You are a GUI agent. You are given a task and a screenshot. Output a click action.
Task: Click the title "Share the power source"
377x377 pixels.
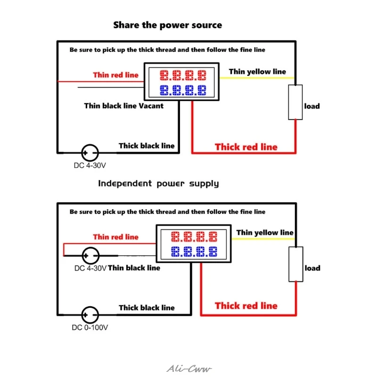pyautogui.click(x=168, y=25)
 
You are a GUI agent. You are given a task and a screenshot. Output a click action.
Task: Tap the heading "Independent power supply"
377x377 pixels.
pyautogui.click(x=158, y=184)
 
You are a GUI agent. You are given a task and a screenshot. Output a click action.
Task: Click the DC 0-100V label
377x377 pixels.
pyautogui.click(x=90, y=328)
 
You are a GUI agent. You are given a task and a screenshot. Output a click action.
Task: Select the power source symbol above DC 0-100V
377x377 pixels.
pyautogui.click(x=90, y=315)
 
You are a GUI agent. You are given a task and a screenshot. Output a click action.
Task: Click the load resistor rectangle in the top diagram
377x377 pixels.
pyautogui.click(x=295, y=102)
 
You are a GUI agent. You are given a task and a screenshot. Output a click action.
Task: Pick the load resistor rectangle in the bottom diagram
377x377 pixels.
pyautogui.click(x=296, y=264)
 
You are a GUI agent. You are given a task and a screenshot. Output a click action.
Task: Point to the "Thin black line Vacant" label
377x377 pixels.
pyautogui.click(x=124, y=106)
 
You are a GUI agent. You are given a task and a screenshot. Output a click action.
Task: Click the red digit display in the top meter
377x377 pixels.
pyautogui.click(x=183, y=75)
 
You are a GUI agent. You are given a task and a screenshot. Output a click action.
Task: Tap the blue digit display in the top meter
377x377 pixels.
pyautogui.click(x=183, y=90)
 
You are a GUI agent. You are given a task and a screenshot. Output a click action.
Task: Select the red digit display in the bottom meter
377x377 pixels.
pyautogui.click(x=194, y=237)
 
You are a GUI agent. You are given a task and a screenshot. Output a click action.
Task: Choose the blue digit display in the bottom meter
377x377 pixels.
pyautogui.click(x=194, y=252)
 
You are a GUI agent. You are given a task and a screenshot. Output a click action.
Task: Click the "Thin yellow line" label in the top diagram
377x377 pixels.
pyautogui.click(x=257, y=72)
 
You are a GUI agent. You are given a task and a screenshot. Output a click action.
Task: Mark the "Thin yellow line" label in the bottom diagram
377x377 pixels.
pyautogui.click(x=265, y=232)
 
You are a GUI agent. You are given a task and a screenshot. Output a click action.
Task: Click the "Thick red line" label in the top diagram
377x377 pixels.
pyautogui.click(x=246, y=147)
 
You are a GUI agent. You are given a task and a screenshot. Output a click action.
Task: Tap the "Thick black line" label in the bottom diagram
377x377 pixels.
pyautogui.click(x=147, y=308)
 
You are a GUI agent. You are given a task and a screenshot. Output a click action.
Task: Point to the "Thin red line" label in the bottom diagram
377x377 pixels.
pyautogui.click(x=115, y=237)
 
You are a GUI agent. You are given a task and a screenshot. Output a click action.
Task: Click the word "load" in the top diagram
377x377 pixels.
pyautogui.click(x=312, y=106)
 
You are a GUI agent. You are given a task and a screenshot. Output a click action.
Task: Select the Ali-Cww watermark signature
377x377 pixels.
pyautogui.click(x=189, y=369)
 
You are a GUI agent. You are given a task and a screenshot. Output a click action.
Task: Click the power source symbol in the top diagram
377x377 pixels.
pyautogui.click(x=90, y=153)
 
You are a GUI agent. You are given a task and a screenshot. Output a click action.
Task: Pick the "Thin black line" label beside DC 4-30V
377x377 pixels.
pyautogui.click(x=134, y=268)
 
